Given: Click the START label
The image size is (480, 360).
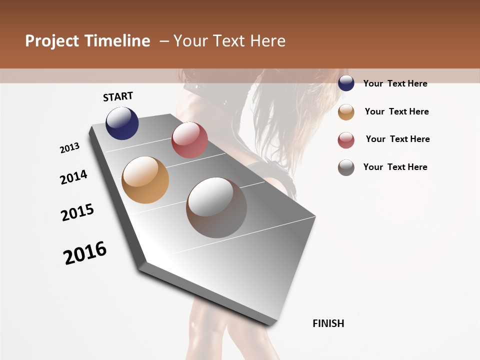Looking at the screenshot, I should point(118,96).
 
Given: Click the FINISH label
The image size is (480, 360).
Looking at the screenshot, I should point(328,323).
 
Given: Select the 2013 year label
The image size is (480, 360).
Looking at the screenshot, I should point(69,148).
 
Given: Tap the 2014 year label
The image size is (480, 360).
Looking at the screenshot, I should point(73,177).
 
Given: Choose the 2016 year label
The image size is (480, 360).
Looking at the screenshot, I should point(85,253).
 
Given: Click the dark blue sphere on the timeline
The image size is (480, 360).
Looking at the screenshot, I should point(122,123).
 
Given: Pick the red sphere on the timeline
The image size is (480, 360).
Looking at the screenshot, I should point(189,140).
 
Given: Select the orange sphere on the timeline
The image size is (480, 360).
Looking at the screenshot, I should point(145,180).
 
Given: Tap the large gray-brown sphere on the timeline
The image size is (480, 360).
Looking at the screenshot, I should point(216,207).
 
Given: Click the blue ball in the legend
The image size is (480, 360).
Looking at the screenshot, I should point(346,83).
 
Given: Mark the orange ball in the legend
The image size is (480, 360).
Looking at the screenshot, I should point(346,112).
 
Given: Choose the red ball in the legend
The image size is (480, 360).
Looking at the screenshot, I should point(346,140).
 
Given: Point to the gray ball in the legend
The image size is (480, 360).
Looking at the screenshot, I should point(346,167).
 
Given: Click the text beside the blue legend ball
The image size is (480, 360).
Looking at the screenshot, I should point(395,83).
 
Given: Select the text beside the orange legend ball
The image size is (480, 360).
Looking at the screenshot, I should point(396,111).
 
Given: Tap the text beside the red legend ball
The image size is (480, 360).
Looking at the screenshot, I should point(397,139).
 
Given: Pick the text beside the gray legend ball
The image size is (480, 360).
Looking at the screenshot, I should point(395,167).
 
